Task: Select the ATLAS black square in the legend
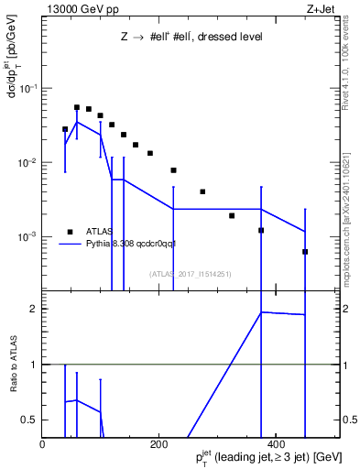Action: [x=69, y=232]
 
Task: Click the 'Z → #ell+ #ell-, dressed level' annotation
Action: [x=191, y=38]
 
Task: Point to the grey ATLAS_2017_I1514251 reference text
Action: [x=190, y=274]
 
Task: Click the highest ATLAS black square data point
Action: [x=77, y=107]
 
